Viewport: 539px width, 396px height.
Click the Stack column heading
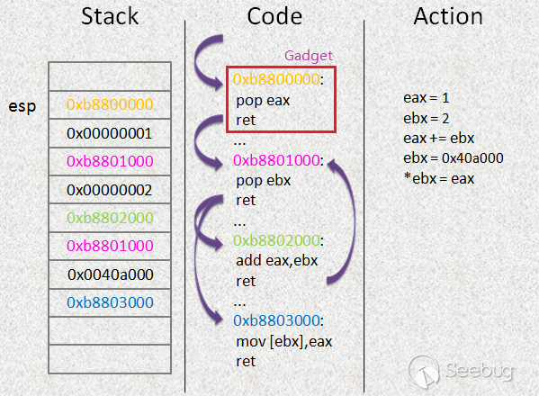(x=110, y=16)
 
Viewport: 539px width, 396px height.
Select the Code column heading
(x=274, y=16)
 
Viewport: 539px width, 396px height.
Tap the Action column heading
(x=448, y=16)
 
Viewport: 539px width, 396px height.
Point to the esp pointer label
(x=22, y=106)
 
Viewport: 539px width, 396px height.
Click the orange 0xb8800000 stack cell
(x=110, y=104)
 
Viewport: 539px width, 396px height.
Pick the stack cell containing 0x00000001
(x=110, y=133)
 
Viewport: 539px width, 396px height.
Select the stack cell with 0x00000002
(x=110, y=190)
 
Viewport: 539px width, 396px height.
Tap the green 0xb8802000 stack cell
(x=110, y=218)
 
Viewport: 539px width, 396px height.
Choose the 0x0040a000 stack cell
(x=110, y=274)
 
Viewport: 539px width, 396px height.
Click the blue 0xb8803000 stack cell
(x=110, y=302)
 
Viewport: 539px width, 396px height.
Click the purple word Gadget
(x=309, y=56)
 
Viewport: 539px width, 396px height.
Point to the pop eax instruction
(x=263, y=101)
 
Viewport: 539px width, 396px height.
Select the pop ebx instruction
(x=264, y=181)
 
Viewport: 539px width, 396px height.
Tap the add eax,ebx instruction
(x=277, y=261)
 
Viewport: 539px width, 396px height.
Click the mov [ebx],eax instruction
(x=284, y=342)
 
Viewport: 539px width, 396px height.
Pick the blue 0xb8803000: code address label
(x=278, y=320)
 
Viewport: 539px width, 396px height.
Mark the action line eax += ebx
(x=438, y=139)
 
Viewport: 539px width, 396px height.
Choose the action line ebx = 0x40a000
(x=453, y=158)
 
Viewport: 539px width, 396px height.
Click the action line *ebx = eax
(x=439, y=178)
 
